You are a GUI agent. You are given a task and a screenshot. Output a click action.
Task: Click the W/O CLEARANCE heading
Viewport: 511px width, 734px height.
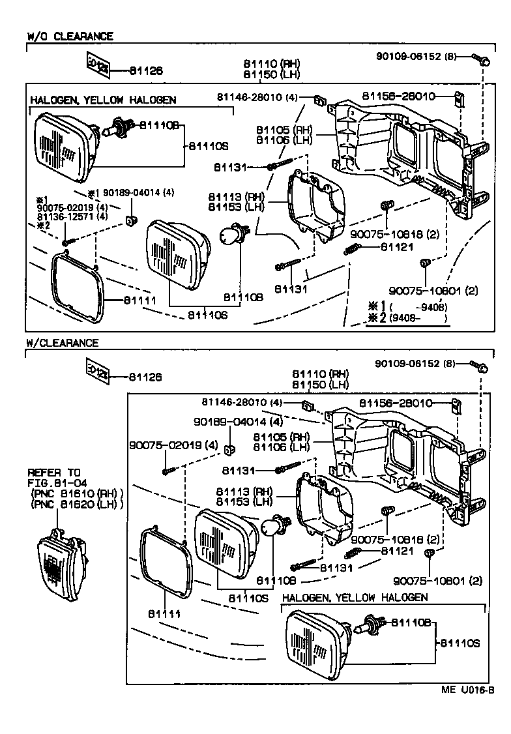(x=70, y=37)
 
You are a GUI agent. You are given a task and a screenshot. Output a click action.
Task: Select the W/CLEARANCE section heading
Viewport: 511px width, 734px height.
(x=63, y=343)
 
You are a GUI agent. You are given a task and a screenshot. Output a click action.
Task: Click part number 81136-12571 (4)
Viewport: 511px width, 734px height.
(x=72, y=216)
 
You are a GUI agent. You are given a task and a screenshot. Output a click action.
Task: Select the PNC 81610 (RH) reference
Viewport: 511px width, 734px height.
(x=76, y=493)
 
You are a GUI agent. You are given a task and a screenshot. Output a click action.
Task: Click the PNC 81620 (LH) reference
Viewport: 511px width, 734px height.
(x=76, y=505)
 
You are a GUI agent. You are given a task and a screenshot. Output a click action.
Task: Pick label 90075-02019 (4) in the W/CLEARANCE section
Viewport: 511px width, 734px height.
(x=164, y=445)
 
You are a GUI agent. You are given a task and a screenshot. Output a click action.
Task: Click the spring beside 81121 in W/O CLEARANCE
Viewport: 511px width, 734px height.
(x=353, y=250)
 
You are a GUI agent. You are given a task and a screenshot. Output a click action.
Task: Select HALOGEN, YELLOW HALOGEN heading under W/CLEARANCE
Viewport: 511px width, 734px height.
(x=355, y=597)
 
